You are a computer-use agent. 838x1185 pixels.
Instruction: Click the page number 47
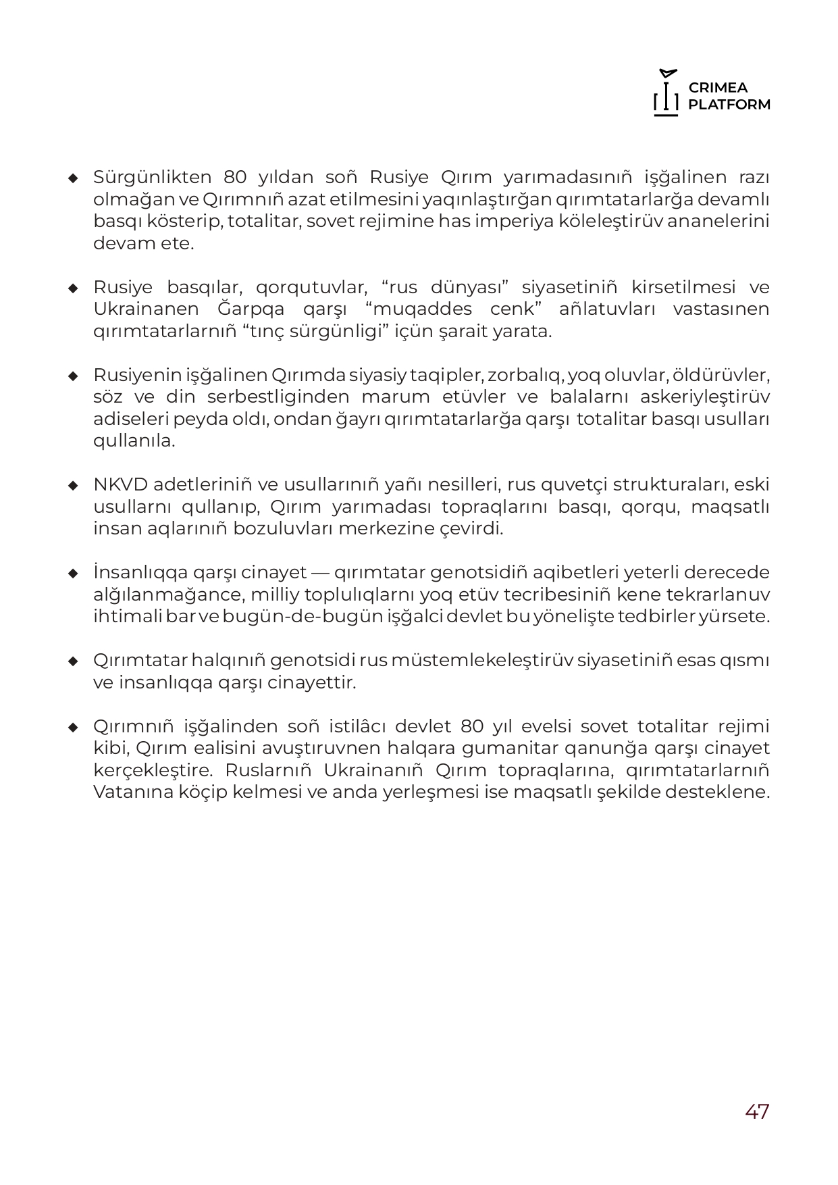[x=757, y=1111]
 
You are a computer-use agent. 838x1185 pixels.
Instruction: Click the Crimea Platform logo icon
[x=666, y=93]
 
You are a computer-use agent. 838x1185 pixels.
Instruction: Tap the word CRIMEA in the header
[x=718, y=88]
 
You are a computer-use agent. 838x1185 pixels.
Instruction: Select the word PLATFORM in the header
[x=729, y=105]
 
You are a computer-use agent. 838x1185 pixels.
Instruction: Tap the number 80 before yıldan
[x=236, y=178]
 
